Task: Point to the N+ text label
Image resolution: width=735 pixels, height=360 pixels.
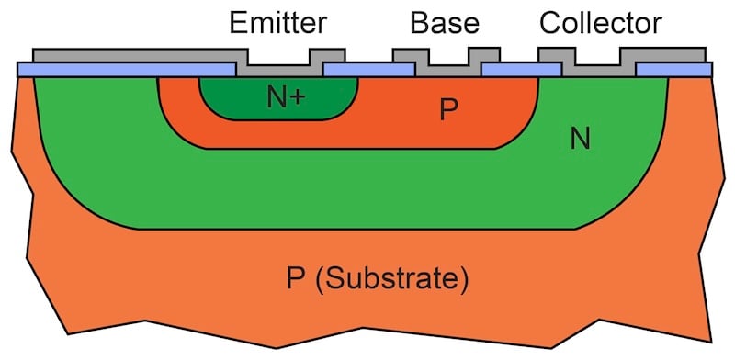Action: [x=286, y=96]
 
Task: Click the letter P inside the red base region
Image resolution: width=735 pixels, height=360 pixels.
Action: [x=447, y=111]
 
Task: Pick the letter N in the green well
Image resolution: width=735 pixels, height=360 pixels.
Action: [x=580, y=140]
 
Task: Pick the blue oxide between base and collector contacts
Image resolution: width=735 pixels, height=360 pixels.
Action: [x=509, y=70]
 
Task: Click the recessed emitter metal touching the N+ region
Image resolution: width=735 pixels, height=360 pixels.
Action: [x=281, y=70]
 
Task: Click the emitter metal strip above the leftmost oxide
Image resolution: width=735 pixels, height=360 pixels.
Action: [x=129, y=56]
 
